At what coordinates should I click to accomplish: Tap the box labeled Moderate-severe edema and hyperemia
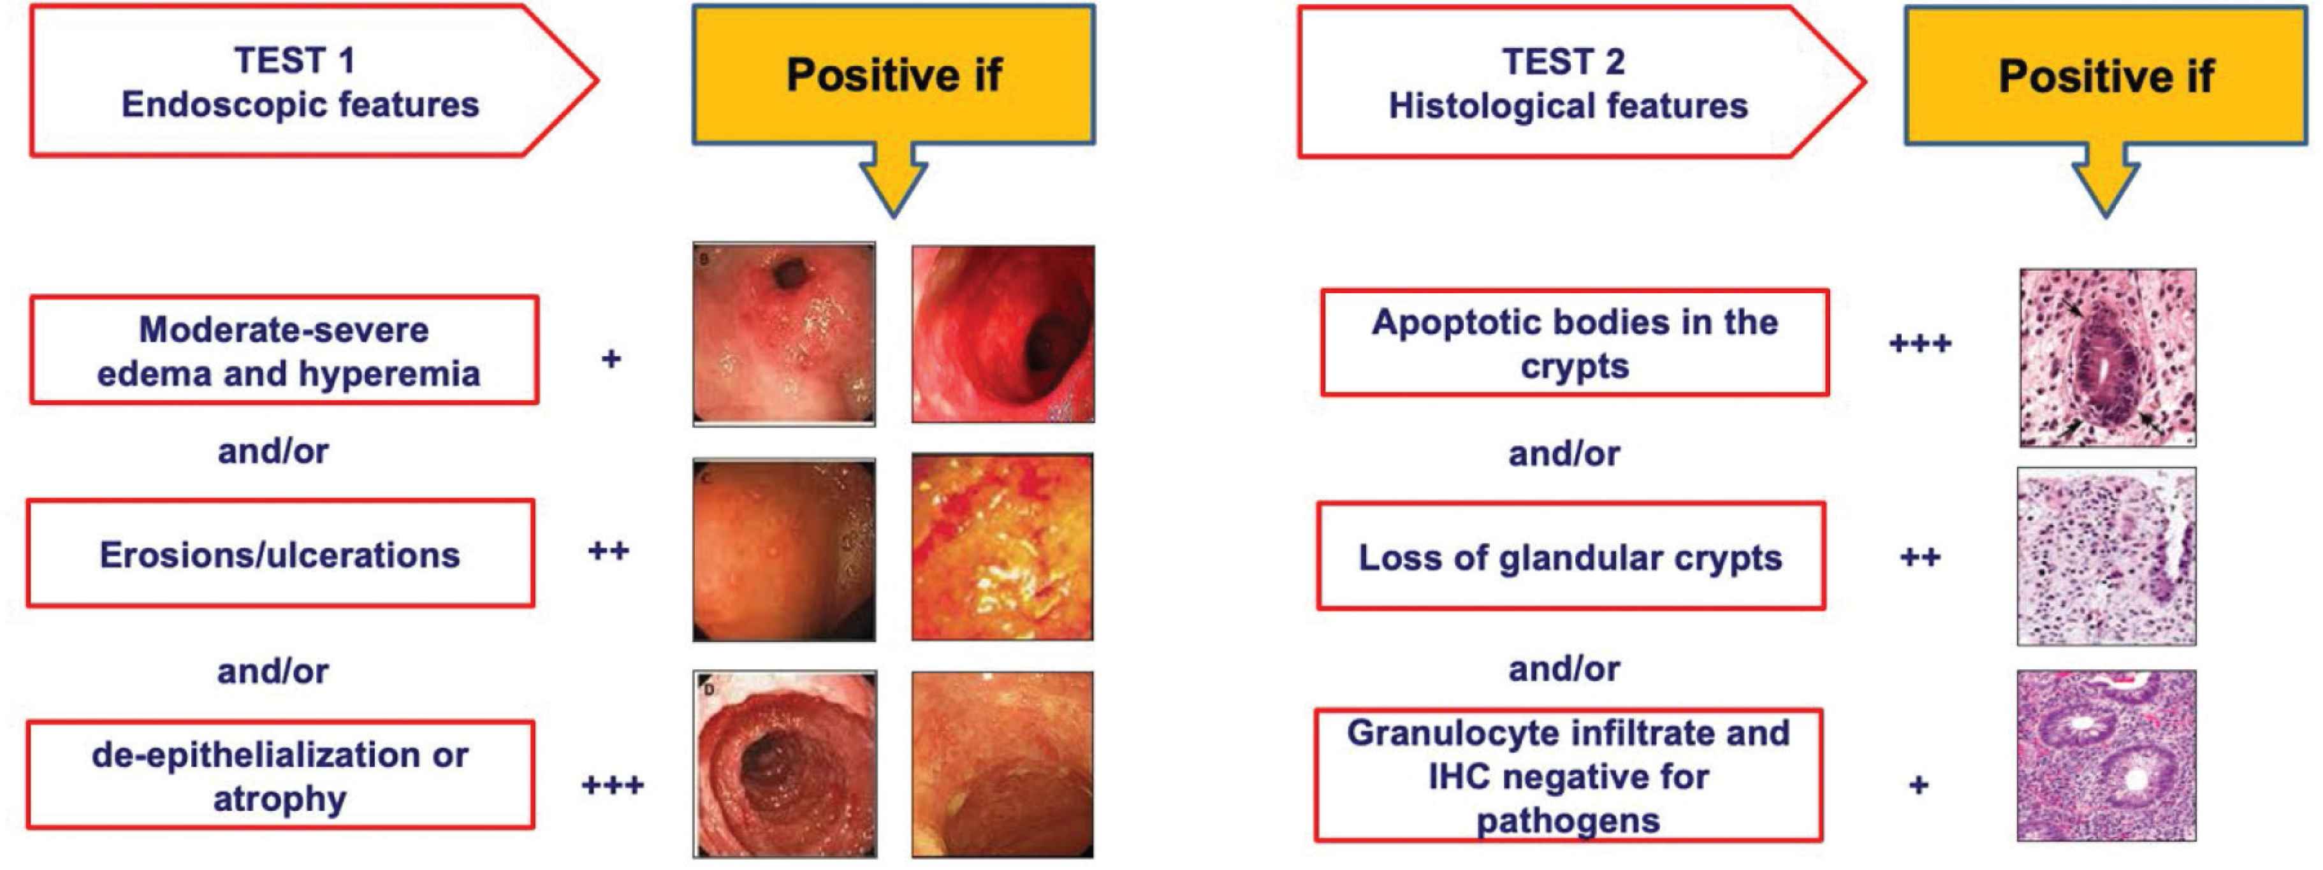284,350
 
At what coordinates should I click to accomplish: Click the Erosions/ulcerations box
280,554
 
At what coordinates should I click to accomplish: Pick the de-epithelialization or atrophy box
280,774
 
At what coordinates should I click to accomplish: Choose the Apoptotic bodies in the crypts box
1575,343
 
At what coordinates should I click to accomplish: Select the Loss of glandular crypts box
1571,556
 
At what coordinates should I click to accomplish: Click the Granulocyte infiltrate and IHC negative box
1568,775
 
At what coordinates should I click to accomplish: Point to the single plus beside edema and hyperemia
611,359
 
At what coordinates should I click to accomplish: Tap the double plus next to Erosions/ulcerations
609,550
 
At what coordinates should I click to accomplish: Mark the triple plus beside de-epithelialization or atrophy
613,785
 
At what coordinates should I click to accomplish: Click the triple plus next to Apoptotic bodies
1921,343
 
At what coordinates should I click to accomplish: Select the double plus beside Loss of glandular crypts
1921,556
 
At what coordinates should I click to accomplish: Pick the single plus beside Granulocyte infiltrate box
1919,785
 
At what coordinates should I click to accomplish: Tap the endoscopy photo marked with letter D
785,764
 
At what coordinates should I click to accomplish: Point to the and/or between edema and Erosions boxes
273,450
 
